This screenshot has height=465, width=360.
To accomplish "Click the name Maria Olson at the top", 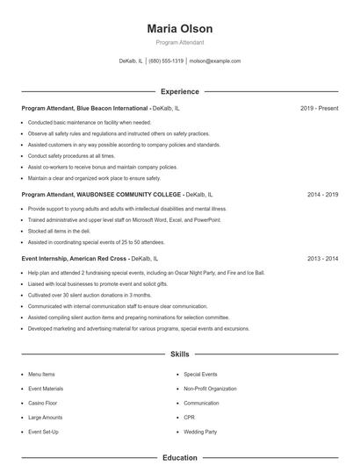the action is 179,29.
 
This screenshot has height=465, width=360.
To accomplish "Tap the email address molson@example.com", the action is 214,61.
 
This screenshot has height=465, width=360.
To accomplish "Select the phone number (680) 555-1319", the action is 166,61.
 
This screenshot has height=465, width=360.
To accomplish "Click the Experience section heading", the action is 179,91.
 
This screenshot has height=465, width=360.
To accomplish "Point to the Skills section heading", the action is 179,354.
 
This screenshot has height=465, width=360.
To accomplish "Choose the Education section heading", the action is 179,457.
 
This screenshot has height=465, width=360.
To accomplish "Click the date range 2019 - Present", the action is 319,108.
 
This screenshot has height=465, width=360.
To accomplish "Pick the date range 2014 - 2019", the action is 322,194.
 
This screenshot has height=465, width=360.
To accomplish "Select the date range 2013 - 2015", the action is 322,259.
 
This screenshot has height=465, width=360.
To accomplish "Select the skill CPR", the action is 189,418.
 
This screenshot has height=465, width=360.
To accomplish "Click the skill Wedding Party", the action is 199,432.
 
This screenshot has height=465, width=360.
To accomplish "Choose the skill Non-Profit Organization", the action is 210,389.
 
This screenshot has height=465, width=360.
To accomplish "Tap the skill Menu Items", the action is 41,374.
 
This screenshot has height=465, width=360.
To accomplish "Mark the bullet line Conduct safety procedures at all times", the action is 71,155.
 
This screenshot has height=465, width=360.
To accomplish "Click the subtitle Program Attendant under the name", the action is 179,42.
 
